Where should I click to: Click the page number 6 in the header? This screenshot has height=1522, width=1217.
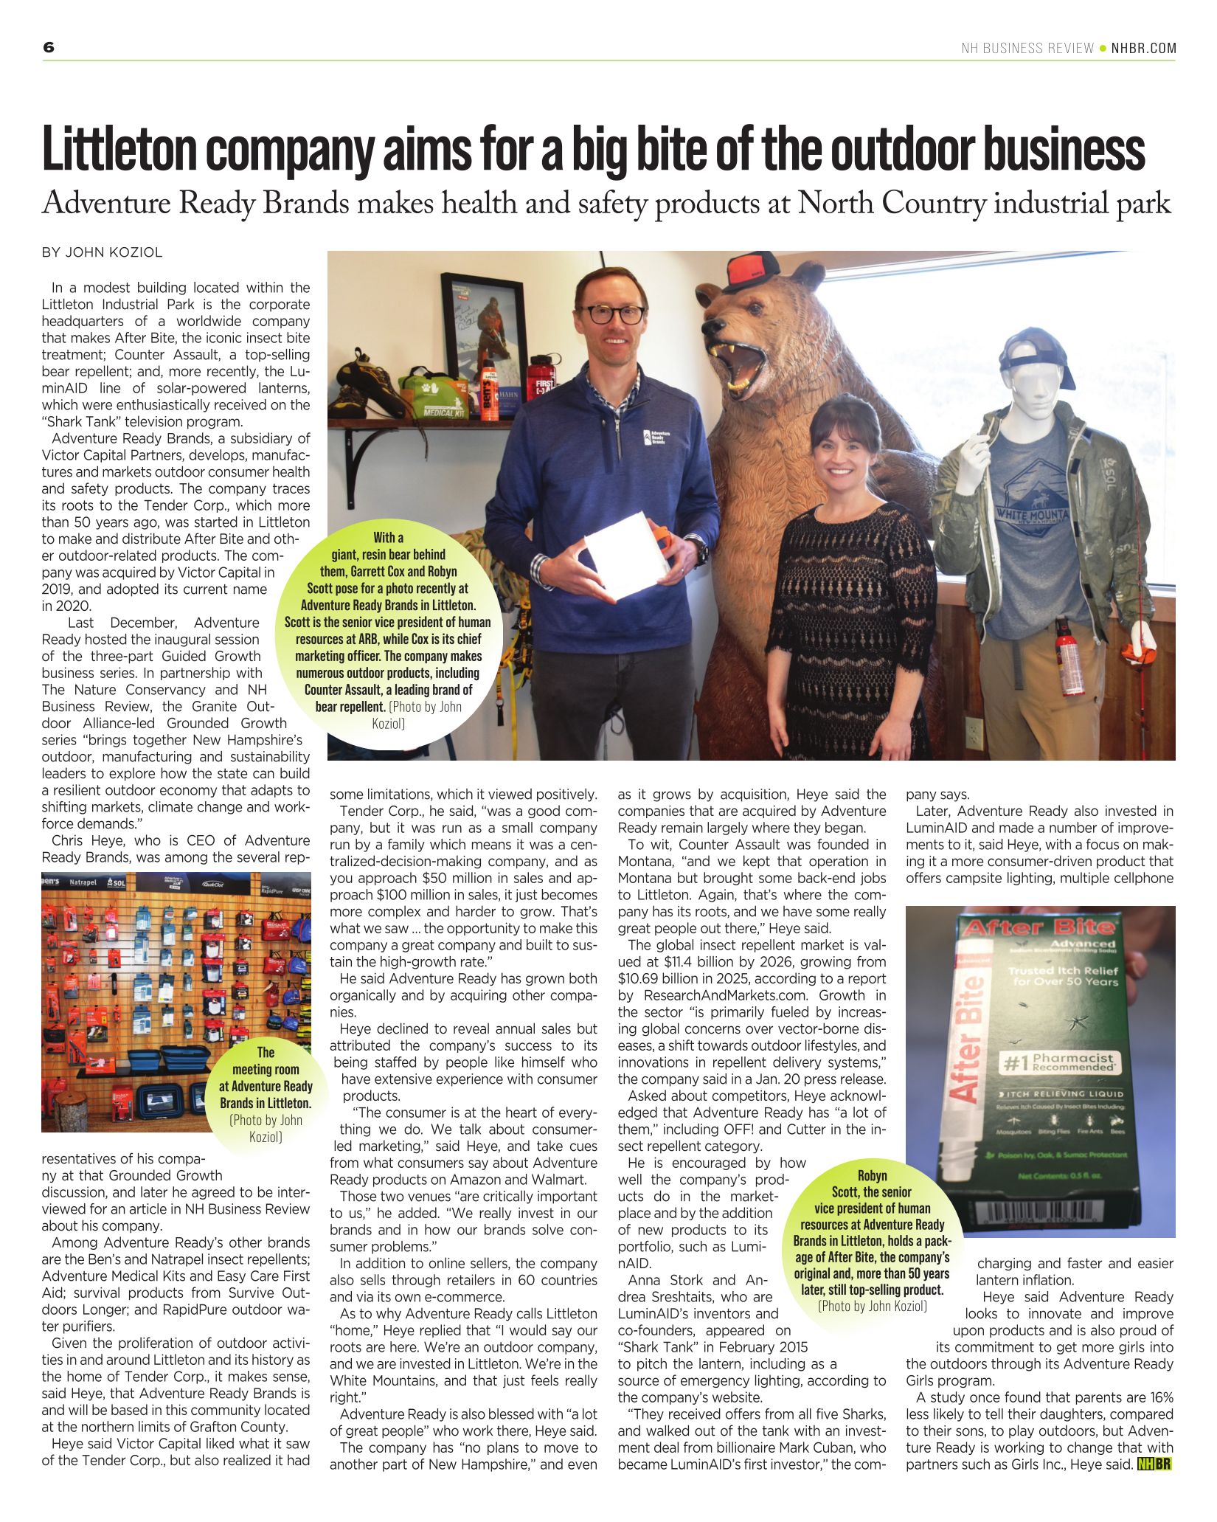[49, 48]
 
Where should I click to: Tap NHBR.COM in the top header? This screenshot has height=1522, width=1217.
[1143, 49]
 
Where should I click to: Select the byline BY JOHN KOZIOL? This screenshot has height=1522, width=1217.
[102, 252]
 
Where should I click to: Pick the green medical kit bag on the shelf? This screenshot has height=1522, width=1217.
[435, 395]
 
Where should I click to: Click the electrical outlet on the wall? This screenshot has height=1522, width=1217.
[975, 731]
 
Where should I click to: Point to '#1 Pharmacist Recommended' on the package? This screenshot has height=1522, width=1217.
[1058, 1063]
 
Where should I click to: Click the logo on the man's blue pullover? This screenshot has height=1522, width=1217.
[648, 438]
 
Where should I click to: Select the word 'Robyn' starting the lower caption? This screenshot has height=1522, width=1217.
[872, 1175]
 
